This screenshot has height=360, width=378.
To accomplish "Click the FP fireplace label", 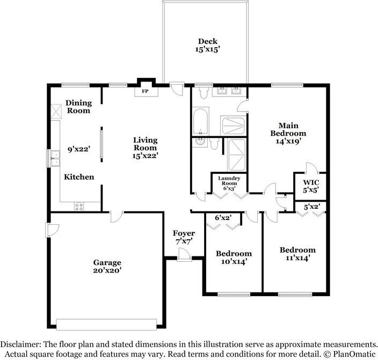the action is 145,91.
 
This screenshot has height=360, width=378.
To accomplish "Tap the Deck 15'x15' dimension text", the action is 207,49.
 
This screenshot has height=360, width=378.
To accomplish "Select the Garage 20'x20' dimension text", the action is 107,270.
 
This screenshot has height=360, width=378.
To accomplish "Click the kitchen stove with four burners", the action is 79,206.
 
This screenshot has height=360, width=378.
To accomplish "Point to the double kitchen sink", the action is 55,158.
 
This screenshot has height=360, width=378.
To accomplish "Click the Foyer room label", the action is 184,233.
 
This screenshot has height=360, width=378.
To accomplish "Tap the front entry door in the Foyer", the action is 184,255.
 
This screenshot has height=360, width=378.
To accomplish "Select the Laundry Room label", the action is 229,181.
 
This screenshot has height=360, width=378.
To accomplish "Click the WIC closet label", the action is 311,182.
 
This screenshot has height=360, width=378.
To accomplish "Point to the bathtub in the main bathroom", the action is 200,122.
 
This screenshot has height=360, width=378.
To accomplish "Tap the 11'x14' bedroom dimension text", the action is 297,258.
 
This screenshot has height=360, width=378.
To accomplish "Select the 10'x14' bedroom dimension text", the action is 234,261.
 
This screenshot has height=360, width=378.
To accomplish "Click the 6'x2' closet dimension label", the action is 223,218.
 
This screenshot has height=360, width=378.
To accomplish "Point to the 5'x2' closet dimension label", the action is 312,207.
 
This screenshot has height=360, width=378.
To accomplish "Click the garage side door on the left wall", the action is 52,230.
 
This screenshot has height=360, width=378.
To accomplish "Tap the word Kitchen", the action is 79,177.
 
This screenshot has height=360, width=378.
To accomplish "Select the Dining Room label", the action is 79,107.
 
